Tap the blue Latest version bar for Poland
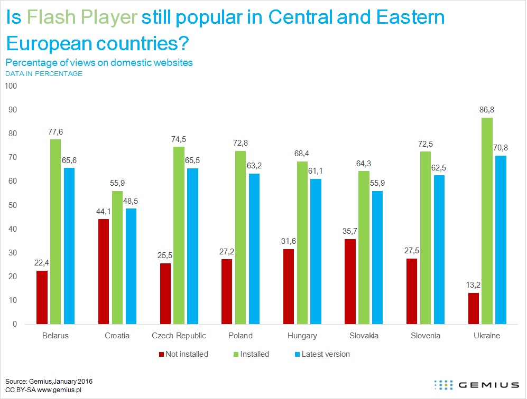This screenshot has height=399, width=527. [255, 249]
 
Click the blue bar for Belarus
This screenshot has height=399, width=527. [69, 246]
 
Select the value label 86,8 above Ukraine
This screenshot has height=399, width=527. [487, 110]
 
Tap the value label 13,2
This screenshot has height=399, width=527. [473, 285]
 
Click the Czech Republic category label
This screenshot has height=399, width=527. [179, 336]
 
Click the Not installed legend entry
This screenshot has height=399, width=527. [183, 354]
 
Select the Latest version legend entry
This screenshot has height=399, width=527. [322, 354]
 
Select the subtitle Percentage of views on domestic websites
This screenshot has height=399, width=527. [99, 62]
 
